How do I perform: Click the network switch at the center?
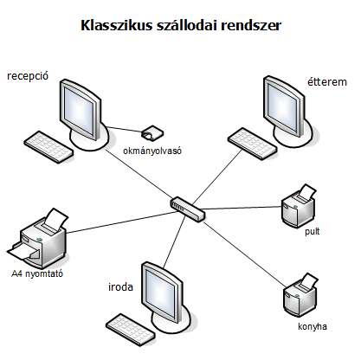click(x=188, y=209)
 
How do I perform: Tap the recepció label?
click(x=28, y=76)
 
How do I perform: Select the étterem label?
click(x=327, y=82)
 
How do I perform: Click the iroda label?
click(x=120, y=287)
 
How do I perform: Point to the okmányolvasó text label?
click(x=152, y=151)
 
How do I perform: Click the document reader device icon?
click(x=152, y=132)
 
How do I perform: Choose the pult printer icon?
click(x=299, y=206)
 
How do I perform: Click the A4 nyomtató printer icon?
click(x=37, y=238)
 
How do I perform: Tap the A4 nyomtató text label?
click(x=37, y=273)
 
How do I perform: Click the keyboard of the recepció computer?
click(x=48, y=147)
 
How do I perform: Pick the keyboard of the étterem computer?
click(x=253, y=144)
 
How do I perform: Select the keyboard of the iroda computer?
click(x=131, y=330)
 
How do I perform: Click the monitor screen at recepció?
click(x=79, y=111)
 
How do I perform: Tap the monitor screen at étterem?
click(x=282, y=107)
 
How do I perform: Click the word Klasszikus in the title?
click(x=116, y=25)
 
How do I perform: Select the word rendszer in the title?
click(x=251, y=25)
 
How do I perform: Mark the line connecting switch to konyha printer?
click(x=244, y=254)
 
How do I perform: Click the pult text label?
click(x=313, y=232)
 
